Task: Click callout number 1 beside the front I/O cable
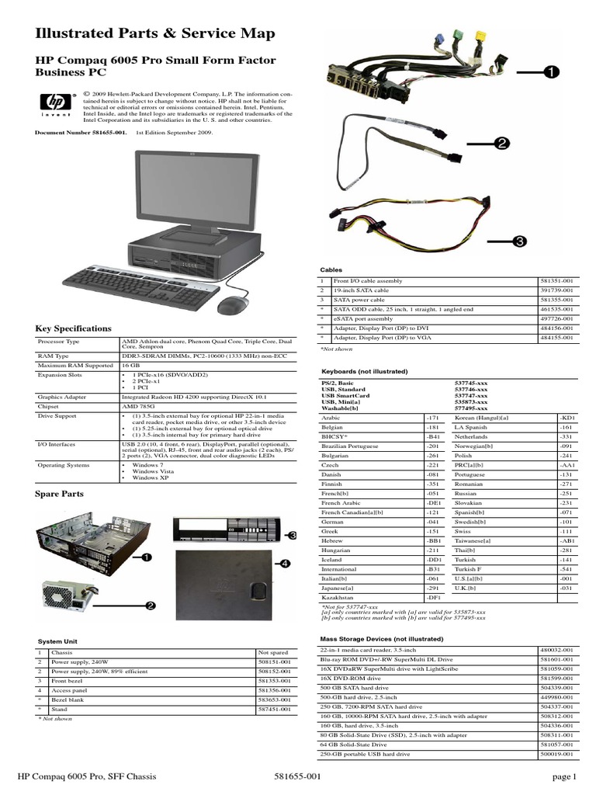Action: click(549, 71)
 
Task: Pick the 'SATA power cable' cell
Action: click(359, 299)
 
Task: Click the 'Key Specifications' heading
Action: click(74, 328)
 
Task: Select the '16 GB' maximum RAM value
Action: click(129, 364)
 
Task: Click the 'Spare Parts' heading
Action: click(60, 494)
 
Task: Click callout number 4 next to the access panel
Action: click(285, 562)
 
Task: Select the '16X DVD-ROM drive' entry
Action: click(351, 678)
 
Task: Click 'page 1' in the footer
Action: click(564, 776)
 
